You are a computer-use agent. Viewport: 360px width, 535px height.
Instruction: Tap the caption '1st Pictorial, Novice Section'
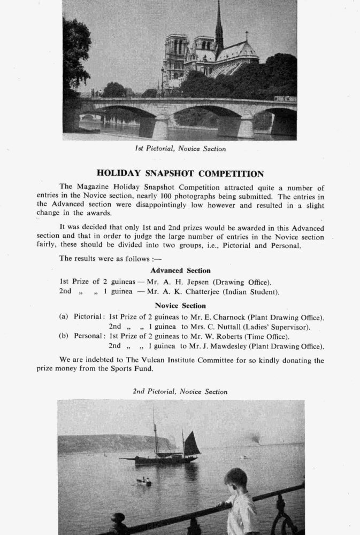(180, 149)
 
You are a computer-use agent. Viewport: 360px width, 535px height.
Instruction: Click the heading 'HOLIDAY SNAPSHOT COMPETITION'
(180, 174)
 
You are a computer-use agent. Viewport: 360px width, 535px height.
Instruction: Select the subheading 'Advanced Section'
(180, 270)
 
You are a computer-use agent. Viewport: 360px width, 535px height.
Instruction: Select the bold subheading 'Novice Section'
(180, 306)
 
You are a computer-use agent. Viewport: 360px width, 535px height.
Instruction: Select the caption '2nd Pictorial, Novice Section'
(180, 392)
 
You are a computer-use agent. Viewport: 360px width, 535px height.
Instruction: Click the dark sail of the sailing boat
(192, 444)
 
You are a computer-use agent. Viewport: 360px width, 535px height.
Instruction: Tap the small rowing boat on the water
(143, 482)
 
